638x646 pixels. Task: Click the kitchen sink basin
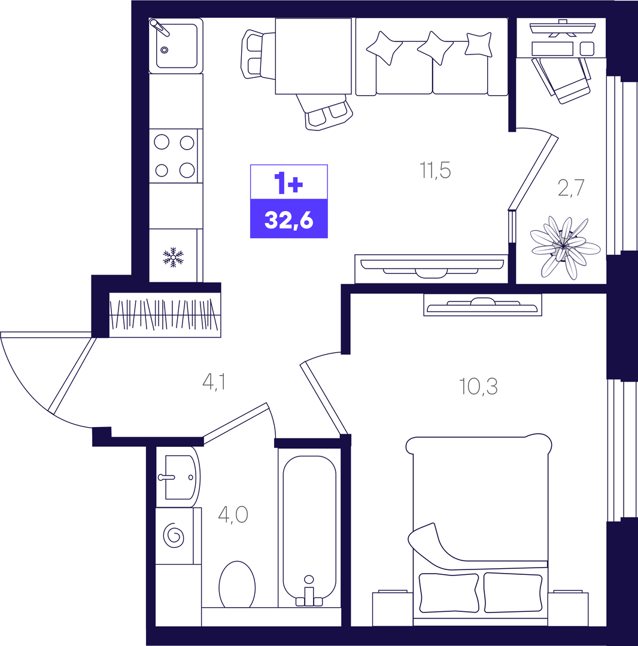click(x=177, y=45)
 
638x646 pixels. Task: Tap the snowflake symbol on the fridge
click(x=173, y=257)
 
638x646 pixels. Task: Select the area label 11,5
click(x=435, y=170)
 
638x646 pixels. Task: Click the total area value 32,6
click(x=289, y=221)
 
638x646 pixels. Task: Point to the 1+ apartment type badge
click(x=289, y=182)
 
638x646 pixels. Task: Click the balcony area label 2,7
click(x=571, y=188)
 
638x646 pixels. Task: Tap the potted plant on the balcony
click(x=565, y=247)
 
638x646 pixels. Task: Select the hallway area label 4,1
click(x=214, y=382)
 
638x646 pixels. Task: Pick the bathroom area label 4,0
click(x=233, y=514)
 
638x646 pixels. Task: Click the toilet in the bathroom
click(x=237, y=584)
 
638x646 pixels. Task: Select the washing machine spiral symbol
click(x=174, y=535)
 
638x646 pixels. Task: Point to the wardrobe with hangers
click(x=165, y=315)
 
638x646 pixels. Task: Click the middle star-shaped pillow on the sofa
click(x=435, y=47)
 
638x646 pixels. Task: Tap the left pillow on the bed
click(x=449, y=592)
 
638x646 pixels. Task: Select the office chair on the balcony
click(x=562, y=80)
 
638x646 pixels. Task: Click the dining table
click(x=313, y=56)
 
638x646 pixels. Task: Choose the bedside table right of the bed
click(x=568, y=609)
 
